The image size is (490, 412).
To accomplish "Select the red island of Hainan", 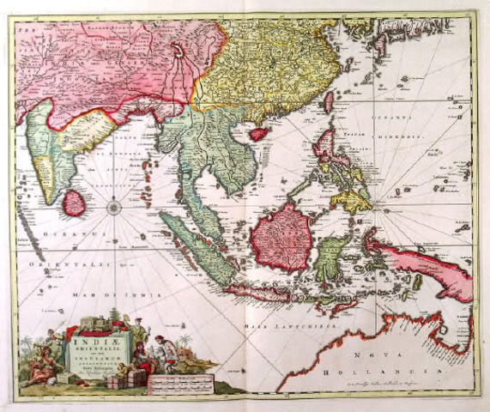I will tap(255, 131).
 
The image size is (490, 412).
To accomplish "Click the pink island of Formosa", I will tap(328, 101).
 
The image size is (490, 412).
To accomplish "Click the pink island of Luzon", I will tap(327, 142).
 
